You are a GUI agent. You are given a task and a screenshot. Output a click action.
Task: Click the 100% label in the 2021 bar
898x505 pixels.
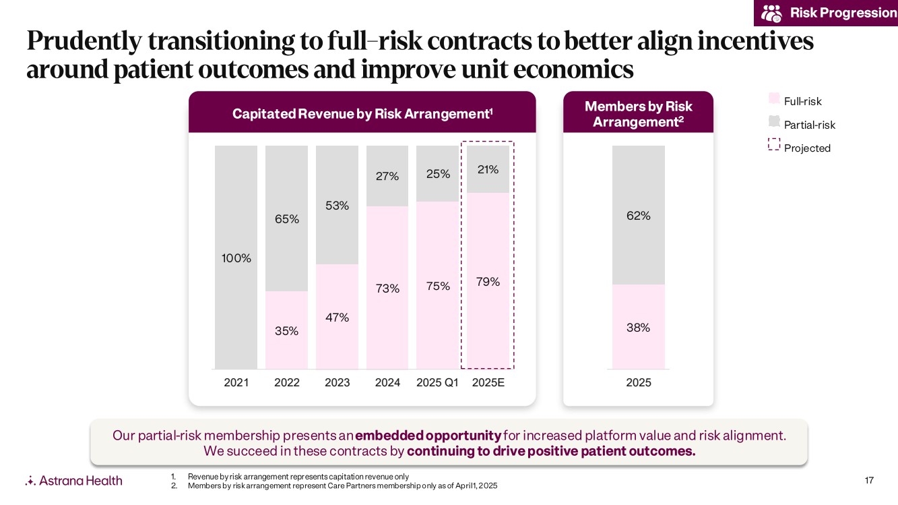click(x=236, y=258)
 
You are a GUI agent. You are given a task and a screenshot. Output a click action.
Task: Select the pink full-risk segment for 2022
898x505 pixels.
click(x=286, y=330)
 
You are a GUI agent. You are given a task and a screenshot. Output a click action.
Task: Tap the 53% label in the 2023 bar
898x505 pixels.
click(x=337, y=206)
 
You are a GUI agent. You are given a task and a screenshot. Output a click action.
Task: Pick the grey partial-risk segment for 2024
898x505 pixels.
click(x=387, y=176)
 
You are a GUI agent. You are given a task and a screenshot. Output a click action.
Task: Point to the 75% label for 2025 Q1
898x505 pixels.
click(x=438, y=286)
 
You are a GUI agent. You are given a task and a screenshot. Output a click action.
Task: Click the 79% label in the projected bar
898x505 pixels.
click(x=488, y=282)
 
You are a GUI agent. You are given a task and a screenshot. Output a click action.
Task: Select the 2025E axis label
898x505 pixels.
click(x=488, y=383)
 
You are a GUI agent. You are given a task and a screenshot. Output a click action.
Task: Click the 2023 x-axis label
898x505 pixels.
click(x=337, y=383)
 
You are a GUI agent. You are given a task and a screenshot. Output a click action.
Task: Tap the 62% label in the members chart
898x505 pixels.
click(x=639, y=216)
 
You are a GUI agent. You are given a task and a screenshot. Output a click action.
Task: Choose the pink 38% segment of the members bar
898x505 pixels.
click(x=639, y=327)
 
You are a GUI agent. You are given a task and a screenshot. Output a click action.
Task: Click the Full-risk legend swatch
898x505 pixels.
click(x=774, y=99)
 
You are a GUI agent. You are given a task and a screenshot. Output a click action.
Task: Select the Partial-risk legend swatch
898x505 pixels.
click(x=774, y=122)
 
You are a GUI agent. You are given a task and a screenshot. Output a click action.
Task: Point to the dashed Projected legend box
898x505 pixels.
click(x=774, y=145)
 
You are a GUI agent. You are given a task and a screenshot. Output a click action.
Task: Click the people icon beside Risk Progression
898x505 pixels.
click(x=771, y=13)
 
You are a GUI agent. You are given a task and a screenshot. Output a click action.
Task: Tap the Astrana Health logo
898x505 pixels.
click(x=74, y=480)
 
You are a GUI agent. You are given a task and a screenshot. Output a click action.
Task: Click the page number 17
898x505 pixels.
click(x=868, y=480)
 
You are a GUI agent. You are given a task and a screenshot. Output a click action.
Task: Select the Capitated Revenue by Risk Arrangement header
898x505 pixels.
click(x=362, y=113)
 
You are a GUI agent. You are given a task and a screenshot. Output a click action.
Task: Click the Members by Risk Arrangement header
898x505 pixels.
click(x=638, y=114)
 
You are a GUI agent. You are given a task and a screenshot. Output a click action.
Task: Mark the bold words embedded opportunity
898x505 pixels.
click(x=428, y=436)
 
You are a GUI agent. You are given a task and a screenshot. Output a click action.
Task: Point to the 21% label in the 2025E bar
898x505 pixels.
click(x=488, y=170)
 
